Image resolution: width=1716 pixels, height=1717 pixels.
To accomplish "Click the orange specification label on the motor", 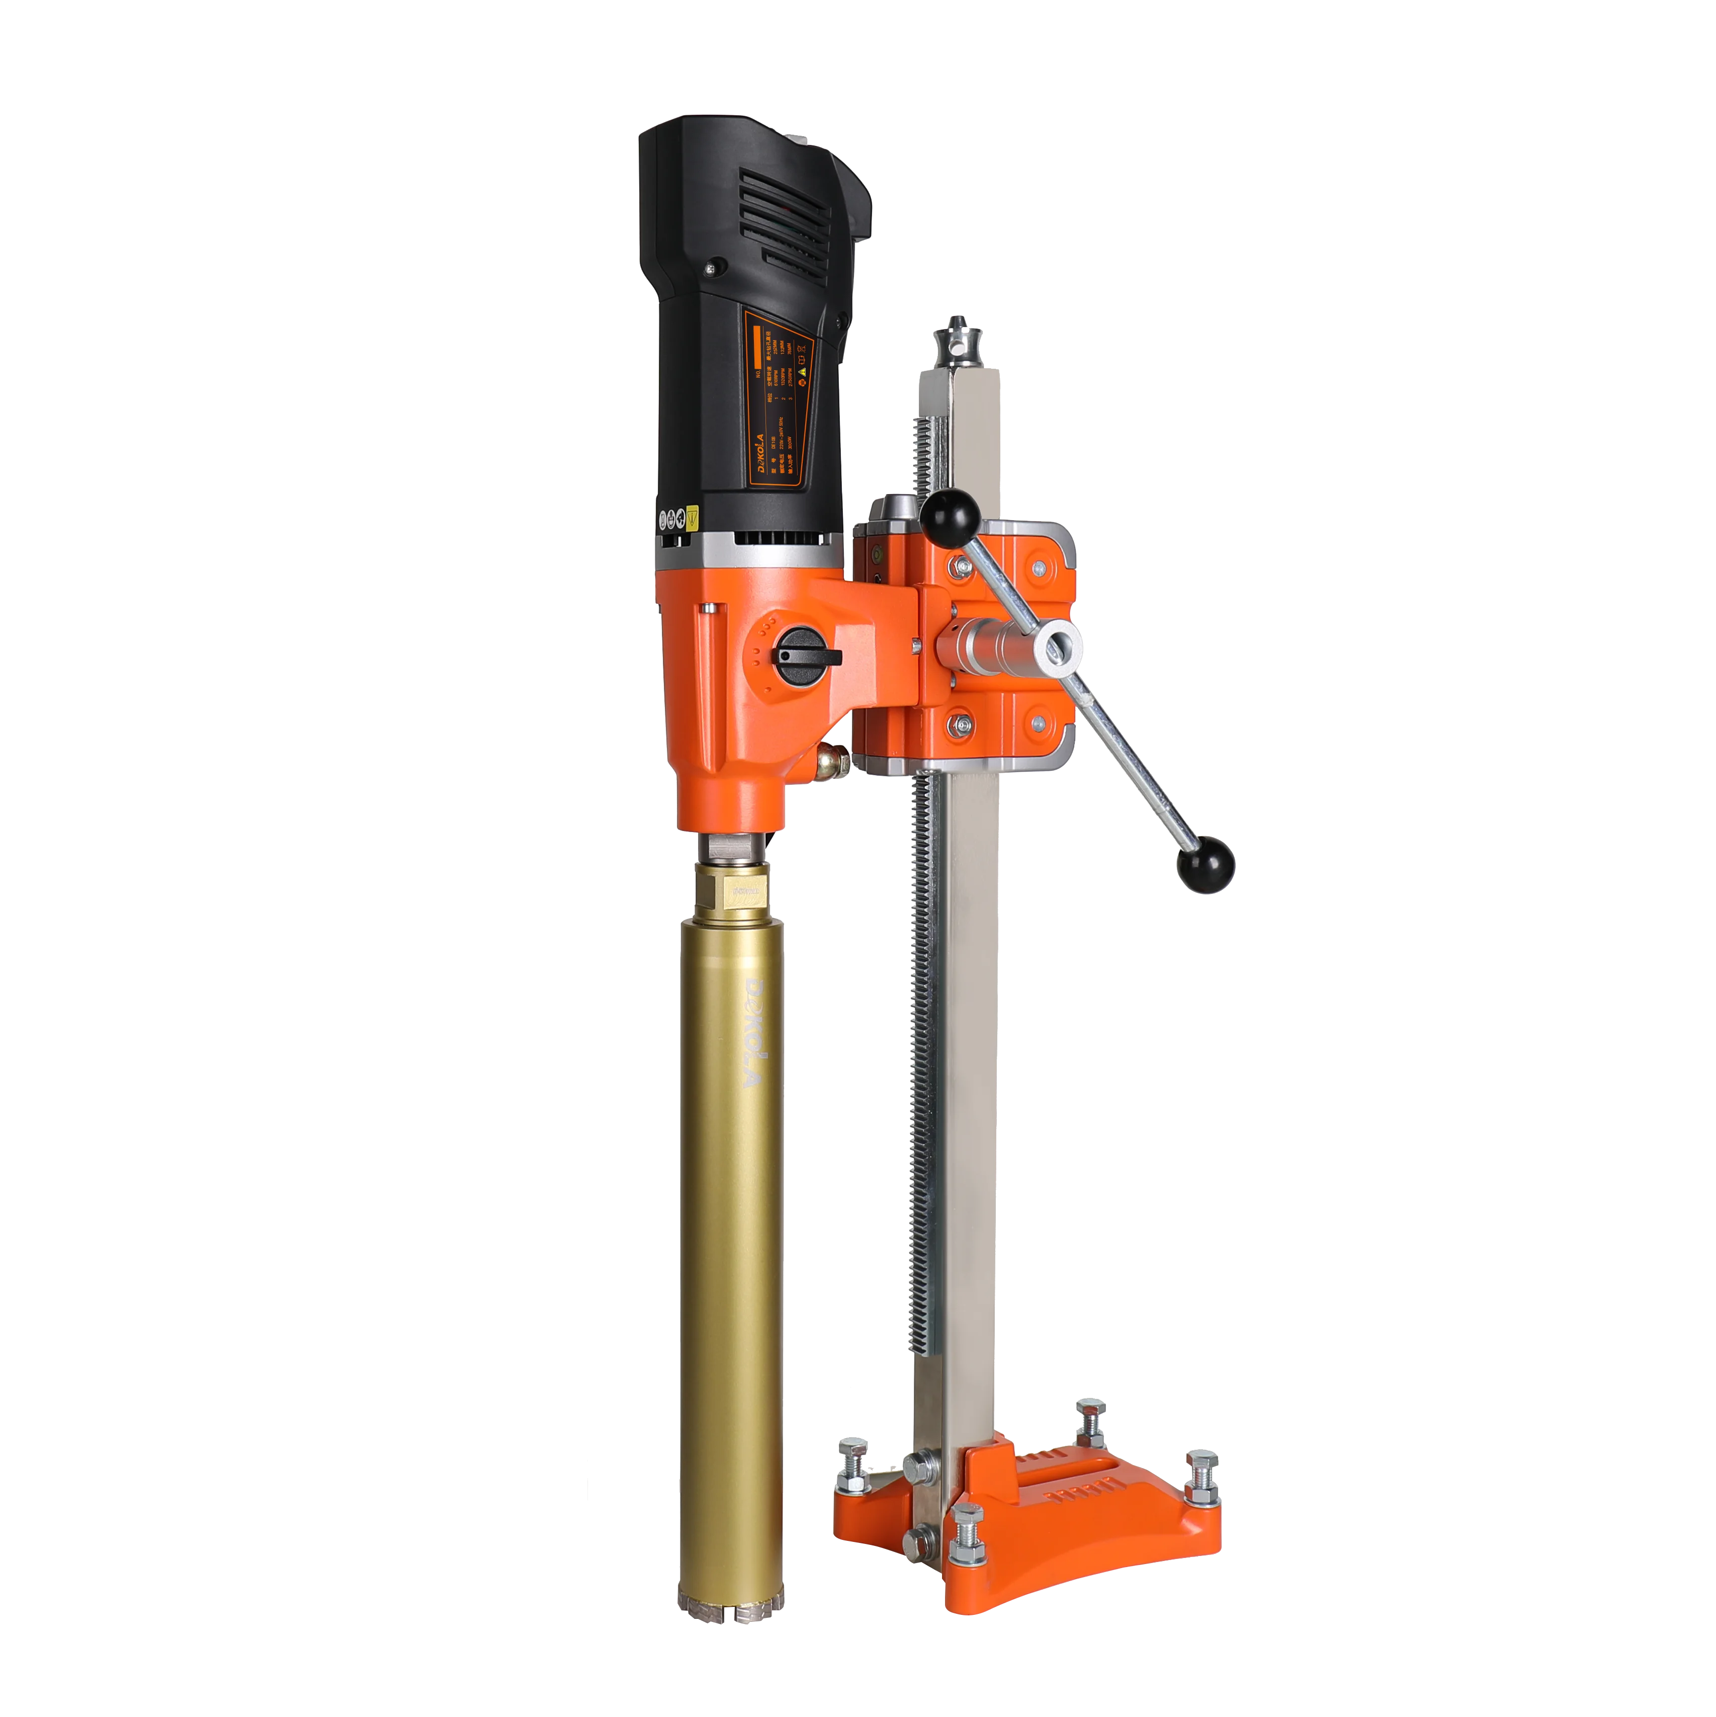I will pyautogui.click(x=776, y=395).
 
